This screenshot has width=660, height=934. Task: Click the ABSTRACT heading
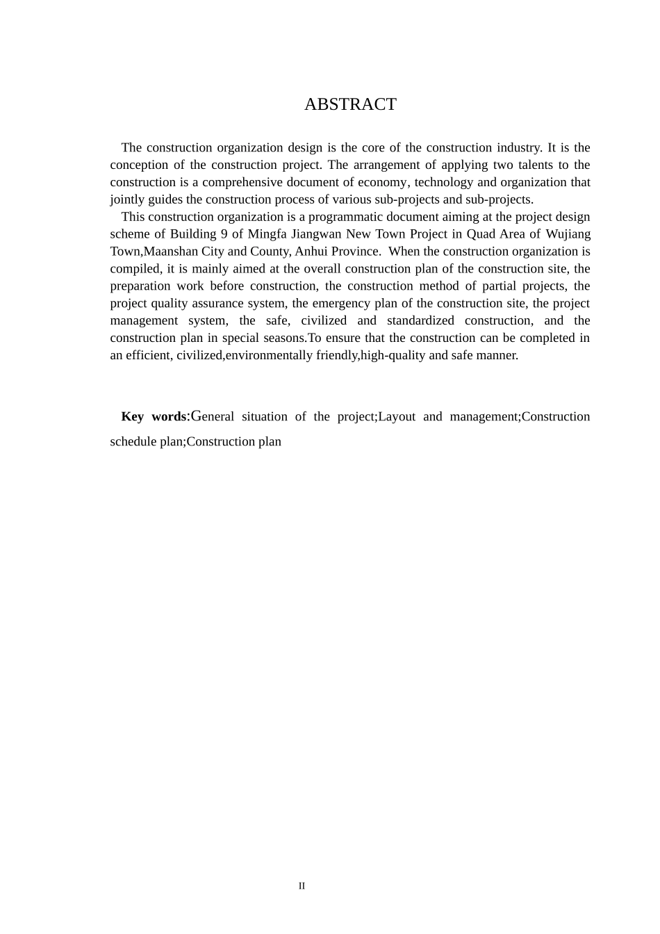click(x=350, y=104)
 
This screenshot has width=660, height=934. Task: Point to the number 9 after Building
click(x=224, y=234)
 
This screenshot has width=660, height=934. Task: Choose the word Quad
click(x=481, y=234)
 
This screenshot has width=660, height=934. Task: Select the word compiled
click(x=135, y=269)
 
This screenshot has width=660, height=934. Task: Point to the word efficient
click(x=146, y=355)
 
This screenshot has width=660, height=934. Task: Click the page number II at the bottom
click(x=302, y=886)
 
